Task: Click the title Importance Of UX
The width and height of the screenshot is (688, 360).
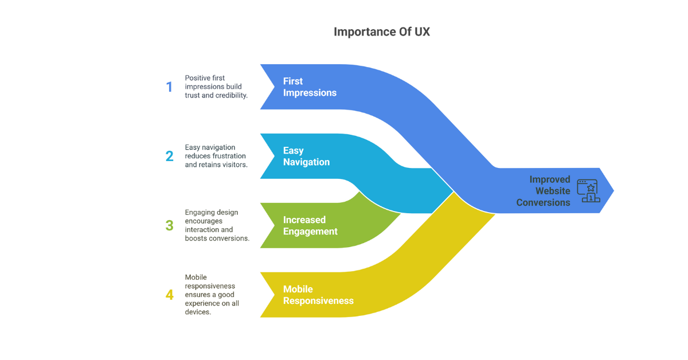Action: pyautogui.click(x=381, y=32)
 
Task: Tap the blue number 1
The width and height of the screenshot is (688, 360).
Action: pyautogui.click(x=169, y=87)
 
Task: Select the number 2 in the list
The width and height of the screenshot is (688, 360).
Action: pyautogui.click(x=169, y=156)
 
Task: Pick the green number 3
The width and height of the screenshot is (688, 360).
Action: pyautogui.click(x=169, y=225)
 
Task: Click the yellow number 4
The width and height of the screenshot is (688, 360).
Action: pyautogui.click(x=169, y=295)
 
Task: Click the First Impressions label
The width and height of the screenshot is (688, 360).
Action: pyautogui.click(x=310, y=87)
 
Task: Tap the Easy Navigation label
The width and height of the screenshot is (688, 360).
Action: pyautogui.click(x=306, y=156)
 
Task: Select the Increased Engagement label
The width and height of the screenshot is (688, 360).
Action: pyautogui.click(x=310, y=225)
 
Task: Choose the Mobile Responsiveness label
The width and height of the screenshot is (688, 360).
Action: pyautogui.click(x=318, y=295)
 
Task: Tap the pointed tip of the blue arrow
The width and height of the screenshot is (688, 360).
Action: pyautogui.click(x=612, y=190)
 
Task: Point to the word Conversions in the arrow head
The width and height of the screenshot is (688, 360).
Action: pyautogui.click(x=543, y=202)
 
